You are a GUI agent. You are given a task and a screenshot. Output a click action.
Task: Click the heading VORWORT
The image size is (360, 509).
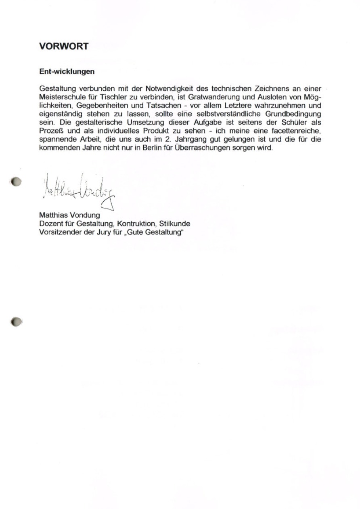pos(63,46)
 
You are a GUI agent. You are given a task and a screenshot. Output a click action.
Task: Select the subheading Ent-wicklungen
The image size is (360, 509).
pos(67,71)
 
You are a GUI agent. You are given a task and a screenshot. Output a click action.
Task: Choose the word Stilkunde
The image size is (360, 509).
pos(175,223)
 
